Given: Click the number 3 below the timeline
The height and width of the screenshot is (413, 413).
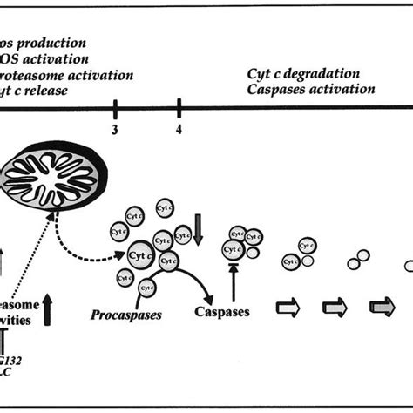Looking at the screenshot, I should pyautogui.click(x=115, y=130).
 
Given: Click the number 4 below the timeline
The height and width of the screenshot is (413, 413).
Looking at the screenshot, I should pyautogui.click(x=179, y=130).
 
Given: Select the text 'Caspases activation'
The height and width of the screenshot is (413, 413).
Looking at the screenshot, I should pyautogui.click(x=310, y=89).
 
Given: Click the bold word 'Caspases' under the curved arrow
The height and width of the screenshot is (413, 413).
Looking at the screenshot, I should pyautogui.click(x=222, y=311).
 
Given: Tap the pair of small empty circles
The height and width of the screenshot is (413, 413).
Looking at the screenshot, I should pyautogui.click(x=358, y=261).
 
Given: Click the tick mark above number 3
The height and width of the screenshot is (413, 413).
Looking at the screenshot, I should pyautogui.click(x=115, y=108).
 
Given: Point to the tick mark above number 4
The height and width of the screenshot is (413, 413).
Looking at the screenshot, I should pyautogui.click(x=179, y=108).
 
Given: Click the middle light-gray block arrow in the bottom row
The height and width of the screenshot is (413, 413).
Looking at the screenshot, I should pyautogui.click(x=335, y=307).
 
